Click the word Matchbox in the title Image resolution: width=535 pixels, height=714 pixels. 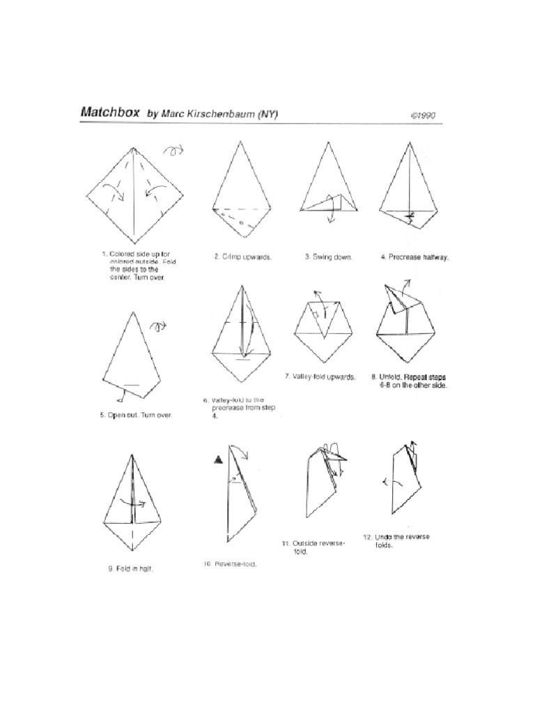[110, 112]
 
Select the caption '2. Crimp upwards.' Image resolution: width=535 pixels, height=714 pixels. [242, 257]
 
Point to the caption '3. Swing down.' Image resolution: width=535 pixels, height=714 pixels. [328, 257]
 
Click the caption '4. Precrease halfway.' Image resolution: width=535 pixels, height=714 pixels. [414, 257]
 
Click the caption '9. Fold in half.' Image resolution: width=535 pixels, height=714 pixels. [130, 568]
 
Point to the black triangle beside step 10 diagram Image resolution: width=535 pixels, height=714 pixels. [218, 459]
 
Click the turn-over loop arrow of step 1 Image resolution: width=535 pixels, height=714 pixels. [172, 150]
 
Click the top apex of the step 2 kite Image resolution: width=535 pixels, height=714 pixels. [241, 142]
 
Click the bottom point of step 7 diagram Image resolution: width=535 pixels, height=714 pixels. [321, 361]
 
